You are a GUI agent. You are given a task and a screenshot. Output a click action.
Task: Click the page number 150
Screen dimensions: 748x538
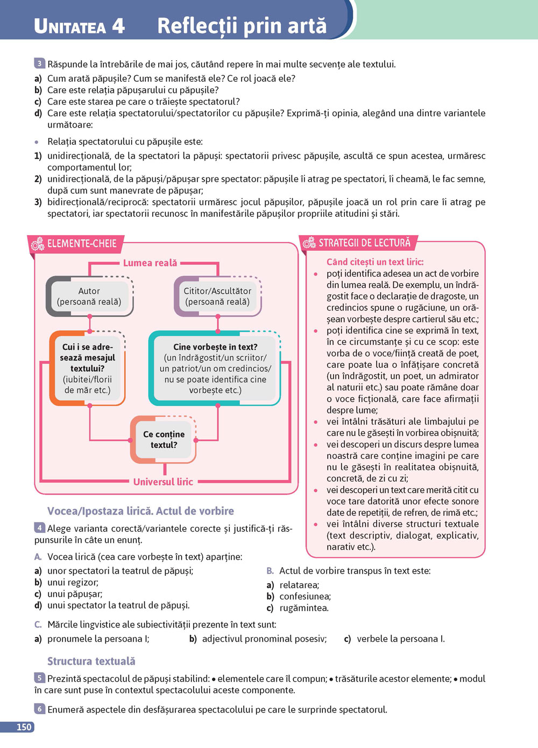pyautogui.click(x=24, y=727)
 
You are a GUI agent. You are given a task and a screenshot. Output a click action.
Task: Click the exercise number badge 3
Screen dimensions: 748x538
pyautogui.click(x=40, y=63)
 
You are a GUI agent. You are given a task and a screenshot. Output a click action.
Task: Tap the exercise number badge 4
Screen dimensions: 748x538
pyautogui.click(x=40, y=527)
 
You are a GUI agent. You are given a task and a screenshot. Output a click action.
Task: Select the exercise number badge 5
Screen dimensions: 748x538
pyautogui.click(x=40, y=678)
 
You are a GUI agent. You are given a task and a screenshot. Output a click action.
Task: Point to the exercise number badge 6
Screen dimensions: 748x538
pyautogui.click(x=40, y=709)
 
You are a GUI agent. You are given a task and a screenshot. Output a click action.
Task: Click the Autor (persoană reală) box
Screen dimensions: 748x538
pyautogui.click(x=89, y=297)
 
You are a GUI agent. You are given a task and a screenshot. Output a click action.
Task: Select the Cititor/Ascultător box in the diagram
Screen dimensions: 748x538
pyautogui.click(x=217, y=297)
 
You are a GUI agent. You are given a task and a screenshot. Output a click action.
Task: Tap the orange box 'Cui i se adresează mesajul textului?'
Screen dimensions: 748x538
pyautogui.click(x=88, y=369)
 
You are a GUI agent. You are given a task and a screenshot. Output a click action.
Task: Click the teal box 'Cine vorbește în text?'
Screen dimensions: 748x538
pyautogui.click(x=215, y=369)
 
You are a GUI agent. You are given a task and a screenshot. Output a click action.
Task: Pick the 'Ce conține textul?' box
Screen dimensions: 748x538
pyautogui.click(x=164, y=440)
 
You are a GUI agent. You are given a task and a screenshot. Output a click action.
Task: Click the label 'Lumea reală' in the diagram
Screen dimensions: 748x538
pyautogui.click(x=150, y=263)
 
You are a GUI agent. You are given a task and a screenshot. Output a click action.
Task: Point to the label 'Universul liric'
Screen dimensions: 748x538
pyautogui.click(x=163, y=482)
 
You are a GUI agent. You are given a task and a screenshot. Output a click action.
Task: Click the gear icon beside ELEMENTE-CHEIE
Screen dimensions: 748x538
pyautogui.click(x=37, y=244)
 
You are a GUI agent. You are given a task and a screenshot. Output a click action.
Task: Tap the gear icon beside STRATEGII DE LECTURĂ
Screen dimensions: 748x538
pyautogui.click(x=309, y=243)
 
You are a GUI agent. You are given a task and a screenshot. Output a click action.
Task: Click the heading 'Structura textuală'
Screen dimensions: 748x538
pyautogui.click(x=91, y=661)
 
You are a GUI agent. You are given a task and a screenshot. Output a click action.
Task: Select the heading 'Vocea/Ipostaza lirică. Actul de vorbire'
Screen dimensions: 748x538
pyautogui.click(x=140, y=511)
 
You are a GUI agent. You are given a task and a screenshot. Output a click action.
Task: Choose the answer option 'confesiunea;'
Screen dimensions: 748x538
pyautogui.click(x=305, y=596)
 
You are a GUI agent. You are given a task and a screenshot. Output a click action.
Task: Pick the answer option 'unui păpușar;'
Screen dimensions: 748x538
pyautogui.click(x=74, y=594)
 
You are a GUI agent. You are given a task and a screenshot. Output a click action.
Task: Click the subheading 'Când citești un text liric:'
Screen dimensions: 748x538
pyautogui.click(x=375, y=262)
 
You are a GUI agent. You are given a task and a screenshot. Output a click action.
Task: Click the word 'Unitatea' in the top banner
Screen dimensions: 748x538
pyautogui.click(x=70, y=26)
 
